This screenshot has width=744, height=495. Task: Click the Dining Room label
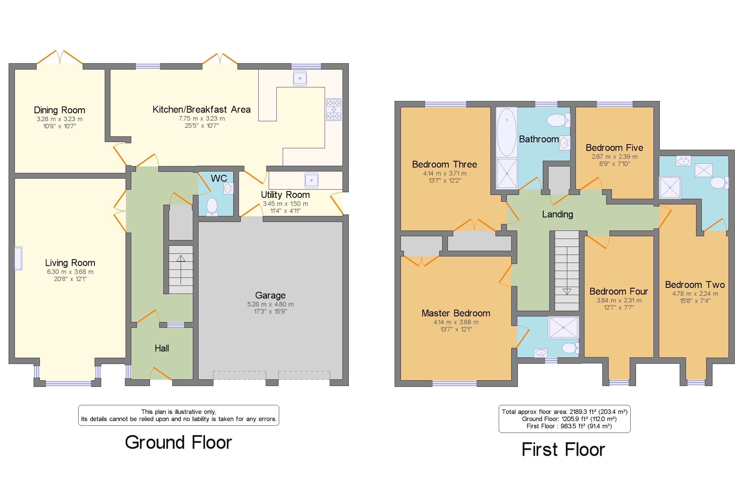click(x=60, y=110)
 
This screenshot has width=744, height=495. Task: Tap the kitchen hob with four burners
click(x=334, y=109)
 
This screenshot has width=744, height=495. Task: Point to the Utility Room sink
click(x=312, y=180)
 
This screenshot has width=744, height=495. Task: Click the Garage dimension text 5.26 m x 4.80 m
click(x=270, y=304)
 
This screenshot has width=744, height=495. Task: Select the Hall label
click(x=162, y=348)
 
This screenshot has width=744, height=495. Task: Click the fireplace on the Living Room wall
click(x=18, y=258)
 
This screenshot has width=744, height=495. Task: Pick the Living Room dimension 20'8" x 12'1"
click(x=70, y=279)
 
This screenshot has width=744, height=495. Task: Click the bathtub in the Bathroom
click(x=507, y=132)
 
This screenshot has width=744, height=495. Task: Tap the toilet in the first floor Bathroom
click(x=558, y=120)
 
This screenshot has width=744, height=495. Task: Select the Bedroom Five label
click(x=614, y=148)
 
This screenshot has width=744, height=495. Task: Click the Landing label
click(x=557, y=214)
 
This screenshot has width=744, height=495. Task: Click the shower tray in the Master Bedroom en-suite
click(x=563, y=327)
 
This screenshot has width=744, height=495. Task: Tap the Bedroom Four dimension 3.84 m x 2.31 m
click(x=619, y=300)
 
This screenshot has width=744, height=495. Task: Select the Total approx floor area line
click(x=565, y=412)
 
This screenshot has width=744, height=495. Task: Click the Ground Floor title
click(x=178, y=442)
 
